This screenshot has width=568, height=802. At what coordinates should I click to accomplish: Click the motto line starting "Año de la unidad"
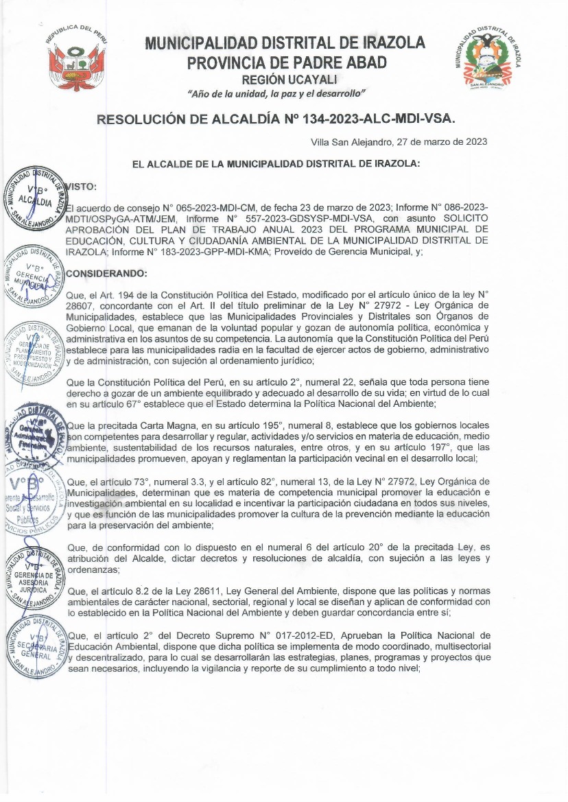tap(276, 93)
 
